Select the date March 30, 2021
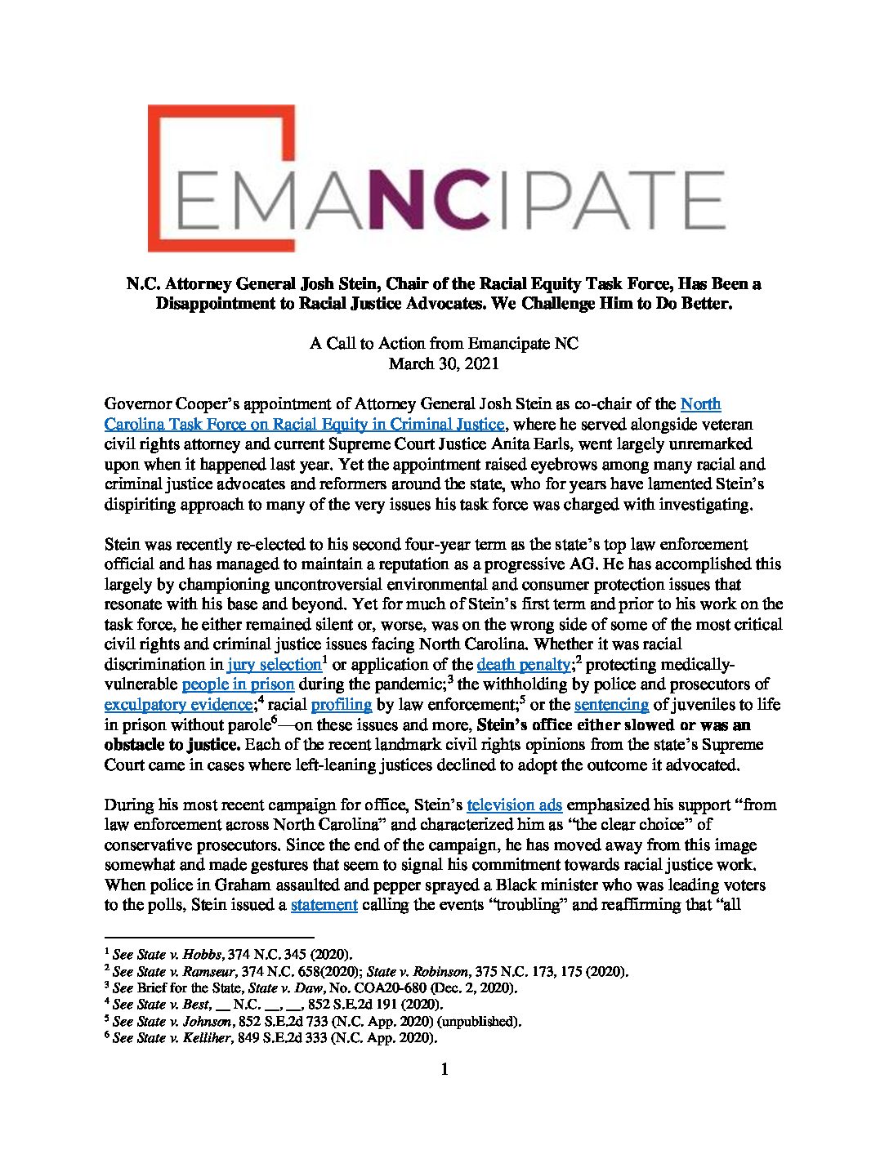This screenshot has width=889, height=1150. [443, 363]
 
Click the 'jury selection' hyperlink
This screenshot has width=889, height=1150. [275, 663]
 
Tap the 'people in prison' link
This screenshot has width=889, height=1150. [238, 684]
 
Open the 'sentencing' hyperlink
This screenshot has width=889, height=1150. [611, 704]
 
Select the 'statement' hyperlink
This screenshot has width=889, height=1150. [324, 905]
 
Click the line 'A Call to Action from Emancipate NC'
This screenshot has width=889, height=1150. [443, 343]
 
